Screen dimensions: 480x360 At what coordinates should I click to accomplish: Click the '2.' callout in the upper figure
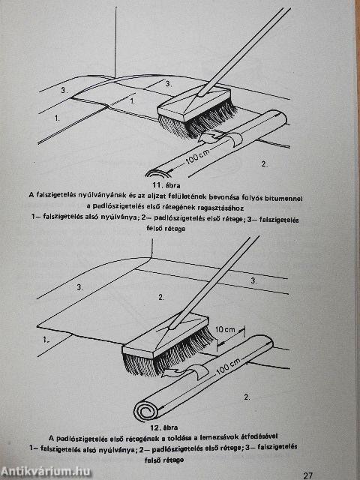263,163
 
